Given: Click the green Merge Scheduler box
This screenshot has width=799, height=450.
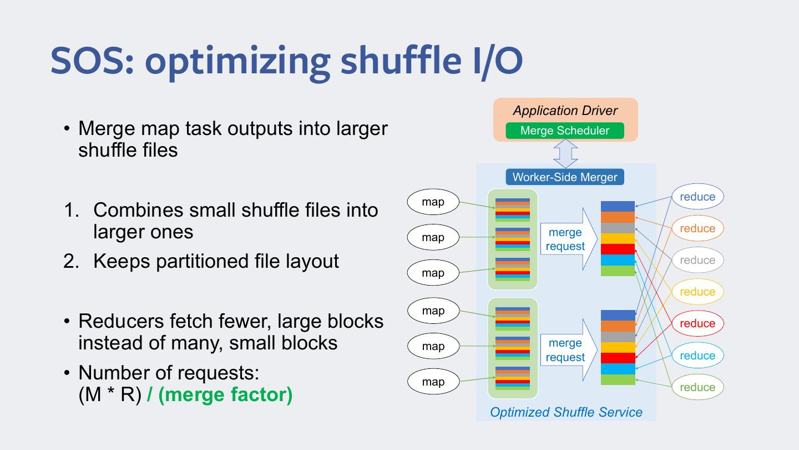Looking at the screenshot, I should point(565,131).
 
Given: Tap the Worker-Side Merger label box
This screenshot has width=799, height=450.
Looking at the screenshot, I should point(565,177).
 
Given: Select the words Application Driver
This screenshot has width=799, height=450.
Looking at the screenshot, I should point(565,110).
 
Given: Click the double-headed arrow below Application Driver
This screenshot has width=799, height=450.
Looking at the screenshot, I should point(565,154).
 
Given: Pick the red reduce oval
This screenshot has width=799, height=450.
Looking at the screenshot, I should point(697,323).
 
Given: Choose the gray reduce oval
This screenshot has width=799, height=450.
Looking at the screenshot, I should point(697,260).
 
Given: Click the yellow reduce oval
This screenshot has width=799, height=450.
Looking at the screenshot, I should point(697,292).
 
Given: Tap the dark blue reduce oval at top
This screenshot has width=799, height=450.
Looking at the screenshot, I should point(697,197).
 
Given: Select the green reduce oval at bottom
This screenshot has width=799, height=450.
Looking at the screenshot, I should point(697,387).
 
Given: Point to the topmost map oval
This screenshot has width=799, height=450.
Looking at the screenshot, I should point(433,202).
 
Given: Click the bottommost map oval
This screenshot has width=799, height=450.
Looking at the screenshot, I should point(433,382).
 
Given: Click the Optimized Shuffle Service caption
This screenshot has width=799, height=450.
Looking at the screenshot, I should point(566,412).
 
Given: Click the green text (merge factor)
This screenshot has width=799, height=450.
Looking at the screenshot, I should point(225,394).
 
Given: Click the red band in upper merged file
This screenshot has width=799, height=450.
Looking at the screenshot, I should point(618,249).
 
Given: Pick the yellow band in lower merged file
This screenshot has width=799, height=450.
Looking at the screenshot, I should point(618,347).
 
